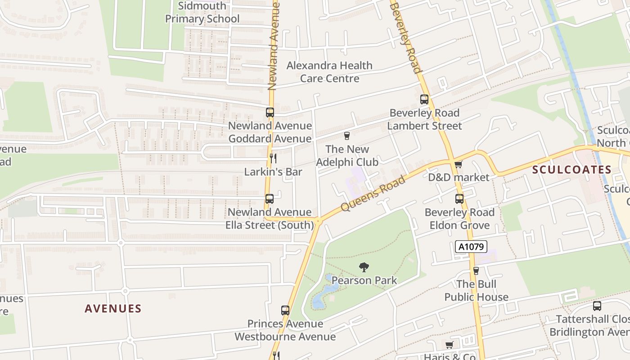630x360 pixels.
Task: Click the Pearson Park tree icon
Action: click(364, 267)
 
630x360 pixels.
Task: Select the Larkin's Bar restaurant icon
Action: click(273, 158)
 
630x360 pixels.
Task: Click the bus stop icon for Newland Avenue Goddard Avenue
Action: click(270, 112)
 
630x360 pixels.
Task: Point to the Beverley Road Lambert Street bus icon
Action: click(424, 99)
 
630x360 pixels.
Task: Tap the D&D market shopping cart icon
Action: click(458, 164)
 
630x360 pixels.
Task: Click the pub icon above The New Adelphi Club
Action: click(347, 135)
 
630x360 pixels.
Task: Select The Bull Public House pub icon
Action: click(476, 270)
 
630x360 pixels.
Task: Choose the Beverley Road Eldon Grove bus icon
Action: click(459, 198)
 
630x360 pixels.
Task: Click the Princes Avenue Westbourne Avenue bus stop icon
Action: click(285, 310)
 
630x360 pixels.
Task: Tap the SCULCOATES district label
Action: click(572, 170)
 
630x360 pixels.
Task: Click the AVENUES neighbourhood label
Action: click(113, 309)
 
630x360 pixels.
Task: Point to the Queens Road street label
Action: click(373, 193)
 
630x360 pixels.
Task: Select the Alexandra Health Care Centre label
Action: click(329, 72)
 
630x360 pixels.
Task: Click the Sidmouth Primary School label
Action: click(202, 13)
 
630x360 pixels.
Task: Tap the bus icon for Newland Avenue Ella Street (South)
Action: click(270, 198)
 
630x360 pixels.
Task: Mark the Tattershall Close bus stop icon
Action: click(597, 306)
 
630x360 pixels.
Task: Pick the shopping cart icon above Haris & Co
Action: click(449, 345)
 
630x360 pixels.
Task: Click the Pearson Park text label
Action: click(364, 281)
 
